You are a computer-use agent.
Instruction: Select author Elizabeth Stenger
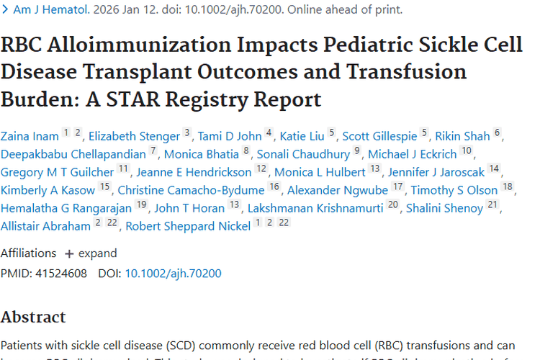tap(134, 136)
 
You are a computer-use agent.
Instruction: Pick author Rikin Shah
tap(462, 136)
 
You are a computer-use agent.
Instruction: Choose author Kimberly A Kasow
tap(48, 190)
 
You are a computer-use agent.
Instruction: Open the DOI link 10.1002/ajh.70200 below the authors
tap(173, 273)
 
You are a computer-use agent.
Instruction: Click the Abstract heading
tap(33, 317)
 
